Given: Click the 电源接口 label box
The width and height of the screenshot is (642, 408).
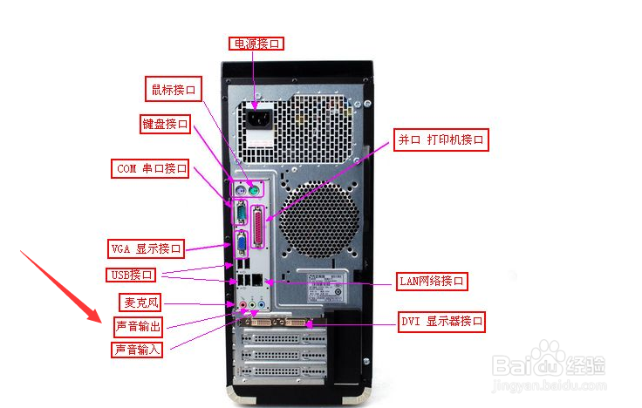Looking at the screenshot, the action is tap(257, 43).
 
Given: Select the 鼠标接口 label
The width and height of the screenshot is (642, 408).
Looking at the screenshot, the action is tap(174, 89).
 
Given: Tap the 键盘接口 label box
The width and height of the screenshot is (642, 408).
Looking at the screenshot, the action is tap(166, 124).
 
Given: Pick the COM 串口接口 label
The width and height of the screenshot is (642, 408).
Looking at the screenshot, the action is tap(151, 168).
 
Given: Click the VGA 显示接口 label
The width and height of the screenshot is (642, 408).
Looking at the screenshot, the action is tap(146, 248).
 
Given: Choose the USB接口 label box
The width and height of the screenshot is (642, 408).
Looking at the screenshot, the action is tap(133, 275).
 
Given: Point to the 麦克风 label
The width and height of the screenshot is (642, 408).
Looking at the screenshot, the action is tap(140, 303).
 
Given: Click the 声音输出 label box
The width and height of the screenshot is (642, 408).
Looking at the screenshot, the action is tap(138, 327).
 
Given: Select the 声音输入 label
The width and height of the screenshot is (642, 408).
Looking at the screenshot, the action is tap(138, 350).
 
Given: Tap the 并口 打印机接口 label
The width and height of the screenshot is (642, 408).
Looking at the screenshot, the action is tap(441, 139).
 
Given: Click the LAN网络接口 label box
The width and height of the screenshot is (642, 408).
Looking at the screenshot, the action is tap(433, 281).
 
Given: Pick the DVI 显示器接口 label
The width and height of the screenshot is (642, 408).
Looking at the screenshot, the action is tap(441, 322).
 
